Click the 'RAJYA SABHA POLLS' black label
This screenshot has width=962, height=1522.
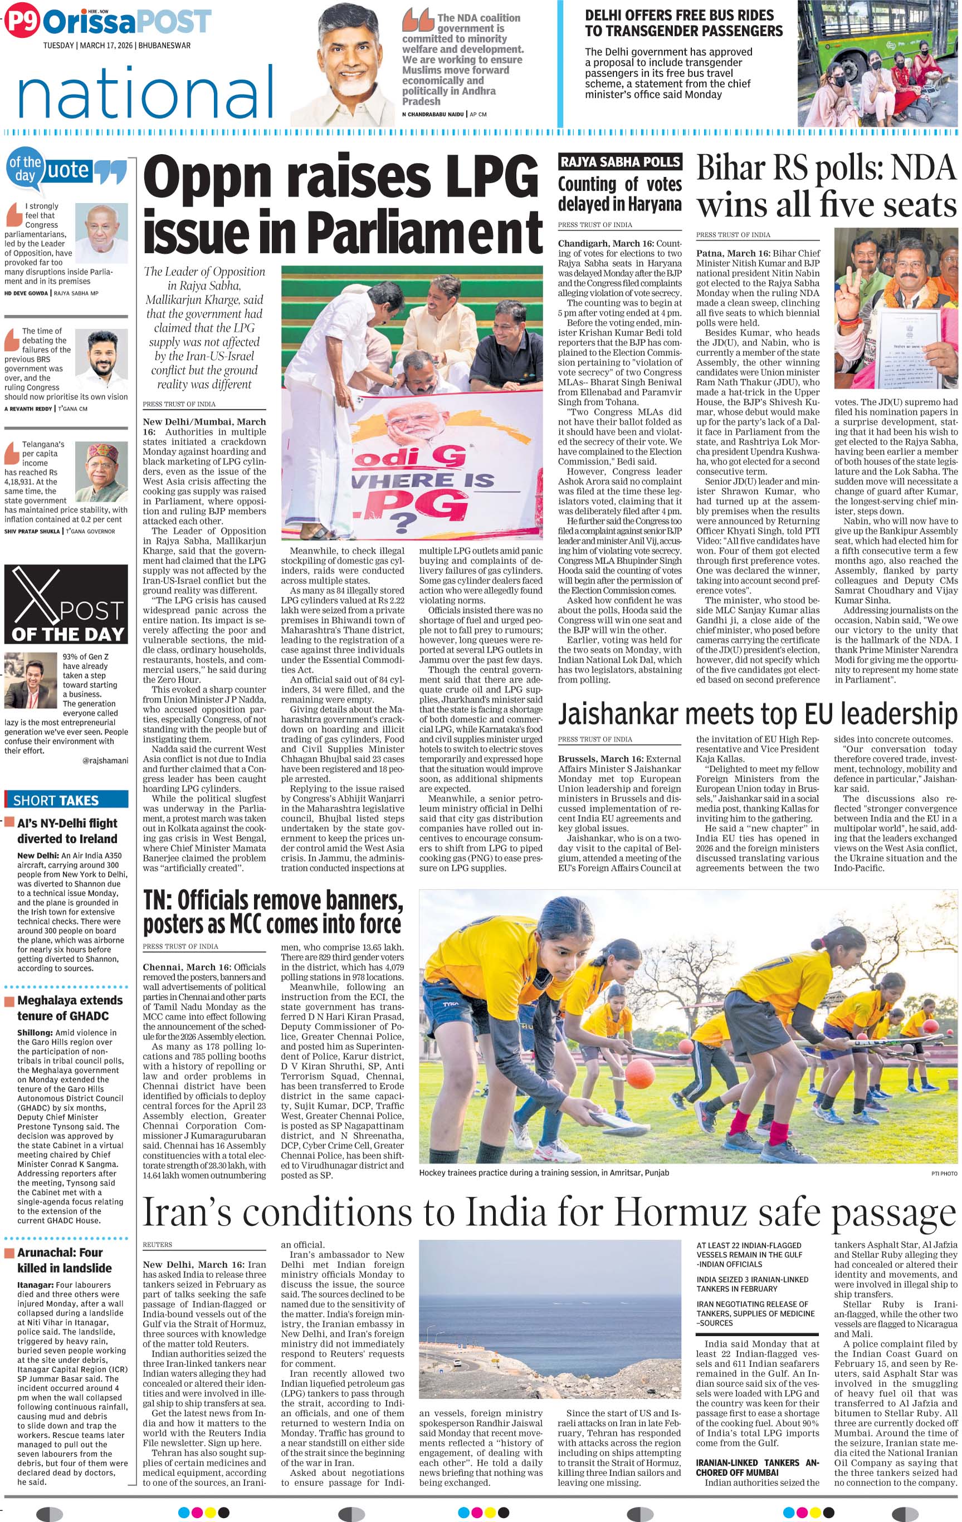tap(620, 162)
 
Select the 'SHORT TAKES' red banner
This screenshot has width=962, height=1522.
tap(66, 800)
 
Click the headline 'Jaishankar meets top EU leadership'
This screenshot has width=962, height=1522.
tap(757, 714)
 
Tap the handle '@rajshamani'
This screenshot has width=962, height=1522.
tap(105, 760)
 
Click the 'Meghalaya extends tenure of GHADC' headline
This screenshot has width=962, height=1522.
tap(70, 1008)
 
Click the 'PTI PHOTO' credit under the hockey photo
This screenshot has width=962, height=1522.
tap(944, 1173)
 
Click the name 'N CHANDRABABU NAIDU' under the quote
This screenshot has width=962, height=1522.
tap(432, 114)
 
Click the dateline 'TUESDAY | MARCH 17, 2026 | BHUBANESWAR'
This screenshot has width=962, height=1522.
tap(116, 46)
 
